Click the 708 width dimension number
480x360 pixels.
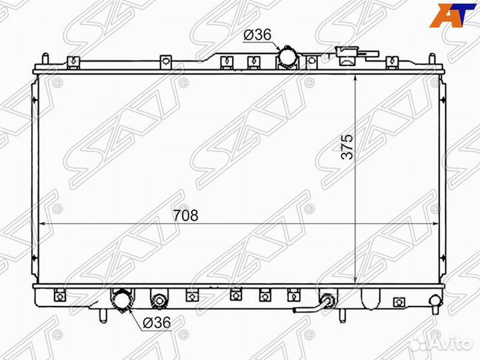pyautogui.click(x=187, y=215)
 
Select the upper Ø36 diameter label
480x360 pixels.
pyautogui.click(x=257, y=35)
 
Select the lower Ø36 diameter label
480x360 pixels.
pyautogui.click(x=157, y=322)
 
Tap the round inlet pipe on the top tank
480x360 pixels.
pyautogui.click(x=288, y=57)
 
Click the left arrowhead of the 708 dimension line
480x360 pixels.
pyautogui.click(x=44, y=224)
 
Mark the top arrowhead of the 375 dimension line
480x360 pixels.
pyautogui.click(x=357, y=74)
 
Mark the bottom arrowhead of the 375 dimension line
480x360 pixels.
pyautogui.click(x=357, y=281)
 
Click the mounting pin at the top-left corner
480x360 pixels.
pyautogui.click(x=45, y=59)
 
